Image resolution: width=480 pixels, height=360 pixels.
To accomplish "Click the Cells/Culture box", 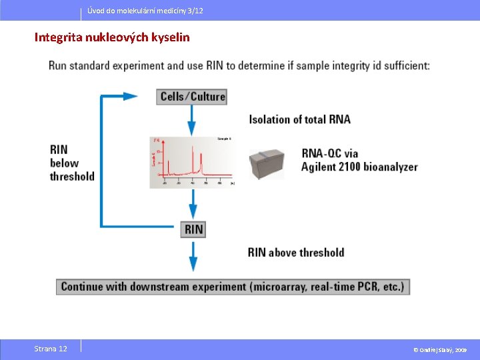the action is coord(193,97).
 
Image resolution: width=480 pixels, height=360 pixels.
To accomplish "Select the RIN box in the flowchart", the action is coord(193,229).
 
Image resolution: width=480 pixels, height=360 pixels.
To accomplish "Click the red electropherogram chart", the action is coord(192,162).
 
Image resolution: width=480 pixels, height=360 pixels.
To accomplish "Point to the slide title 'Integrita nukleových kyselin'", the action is coord(112,37).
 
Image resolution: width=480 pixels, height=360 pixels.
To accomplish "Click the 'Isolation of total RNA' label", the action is coord(299,119).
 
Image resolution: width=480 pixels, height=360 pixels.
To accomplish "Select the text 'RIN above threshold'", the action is coord(296,252).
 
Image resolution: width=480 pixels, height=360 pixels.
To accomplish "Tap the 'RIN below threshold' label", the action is coord(71,163).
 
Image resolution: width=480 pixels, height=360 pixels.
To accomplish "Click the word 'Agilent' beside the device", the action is coord(322,167).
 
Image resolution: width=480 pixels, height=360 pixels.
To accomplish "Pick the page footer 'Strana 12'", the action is coord(51,349).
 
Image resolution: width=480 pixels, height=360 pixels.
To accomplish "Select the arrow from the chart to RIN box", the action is coord(193,205).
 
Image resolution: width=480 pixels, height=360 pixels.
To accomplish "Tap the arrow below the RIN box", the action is coord(193,256).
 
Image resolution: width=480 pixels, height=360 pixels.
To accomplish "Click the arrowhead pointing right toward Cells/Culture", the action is coord(131,97).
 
